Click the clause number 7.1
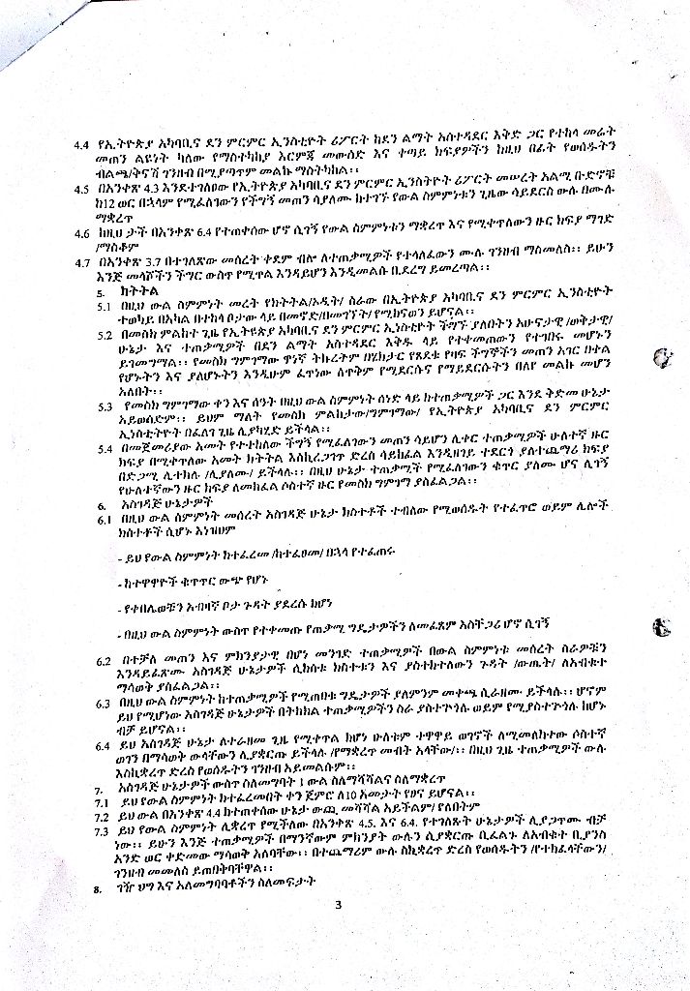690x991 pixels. pyautogui.click(x=98, y=801)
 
